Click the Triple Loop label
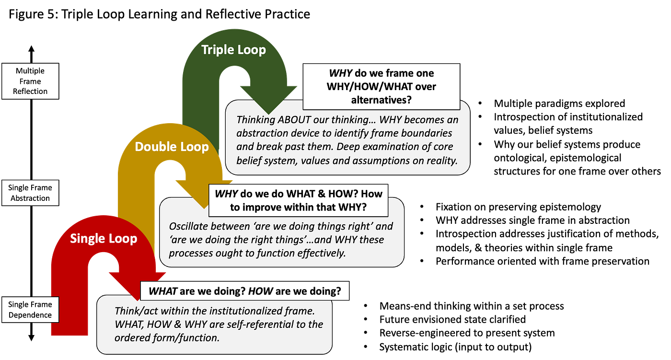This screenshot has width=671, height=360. pos(233,50)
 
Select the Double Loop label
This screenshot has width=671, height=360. pos(172,147)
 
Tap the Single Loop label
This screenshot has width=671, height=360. pos(104,238)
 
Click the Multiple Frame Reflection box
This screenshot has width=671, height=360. pos(30,81)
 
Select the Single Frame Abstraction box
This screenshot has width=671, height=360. pos(30,193)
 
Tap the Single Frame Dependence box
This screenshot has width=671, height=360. pos(30,310)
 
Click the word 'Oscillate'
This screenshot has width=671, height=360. pos(188,225)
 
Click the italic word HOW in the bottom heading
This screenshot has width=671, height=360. pos(260,291)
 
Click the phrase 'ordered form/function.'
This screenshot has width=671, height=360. pos(167,337)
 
